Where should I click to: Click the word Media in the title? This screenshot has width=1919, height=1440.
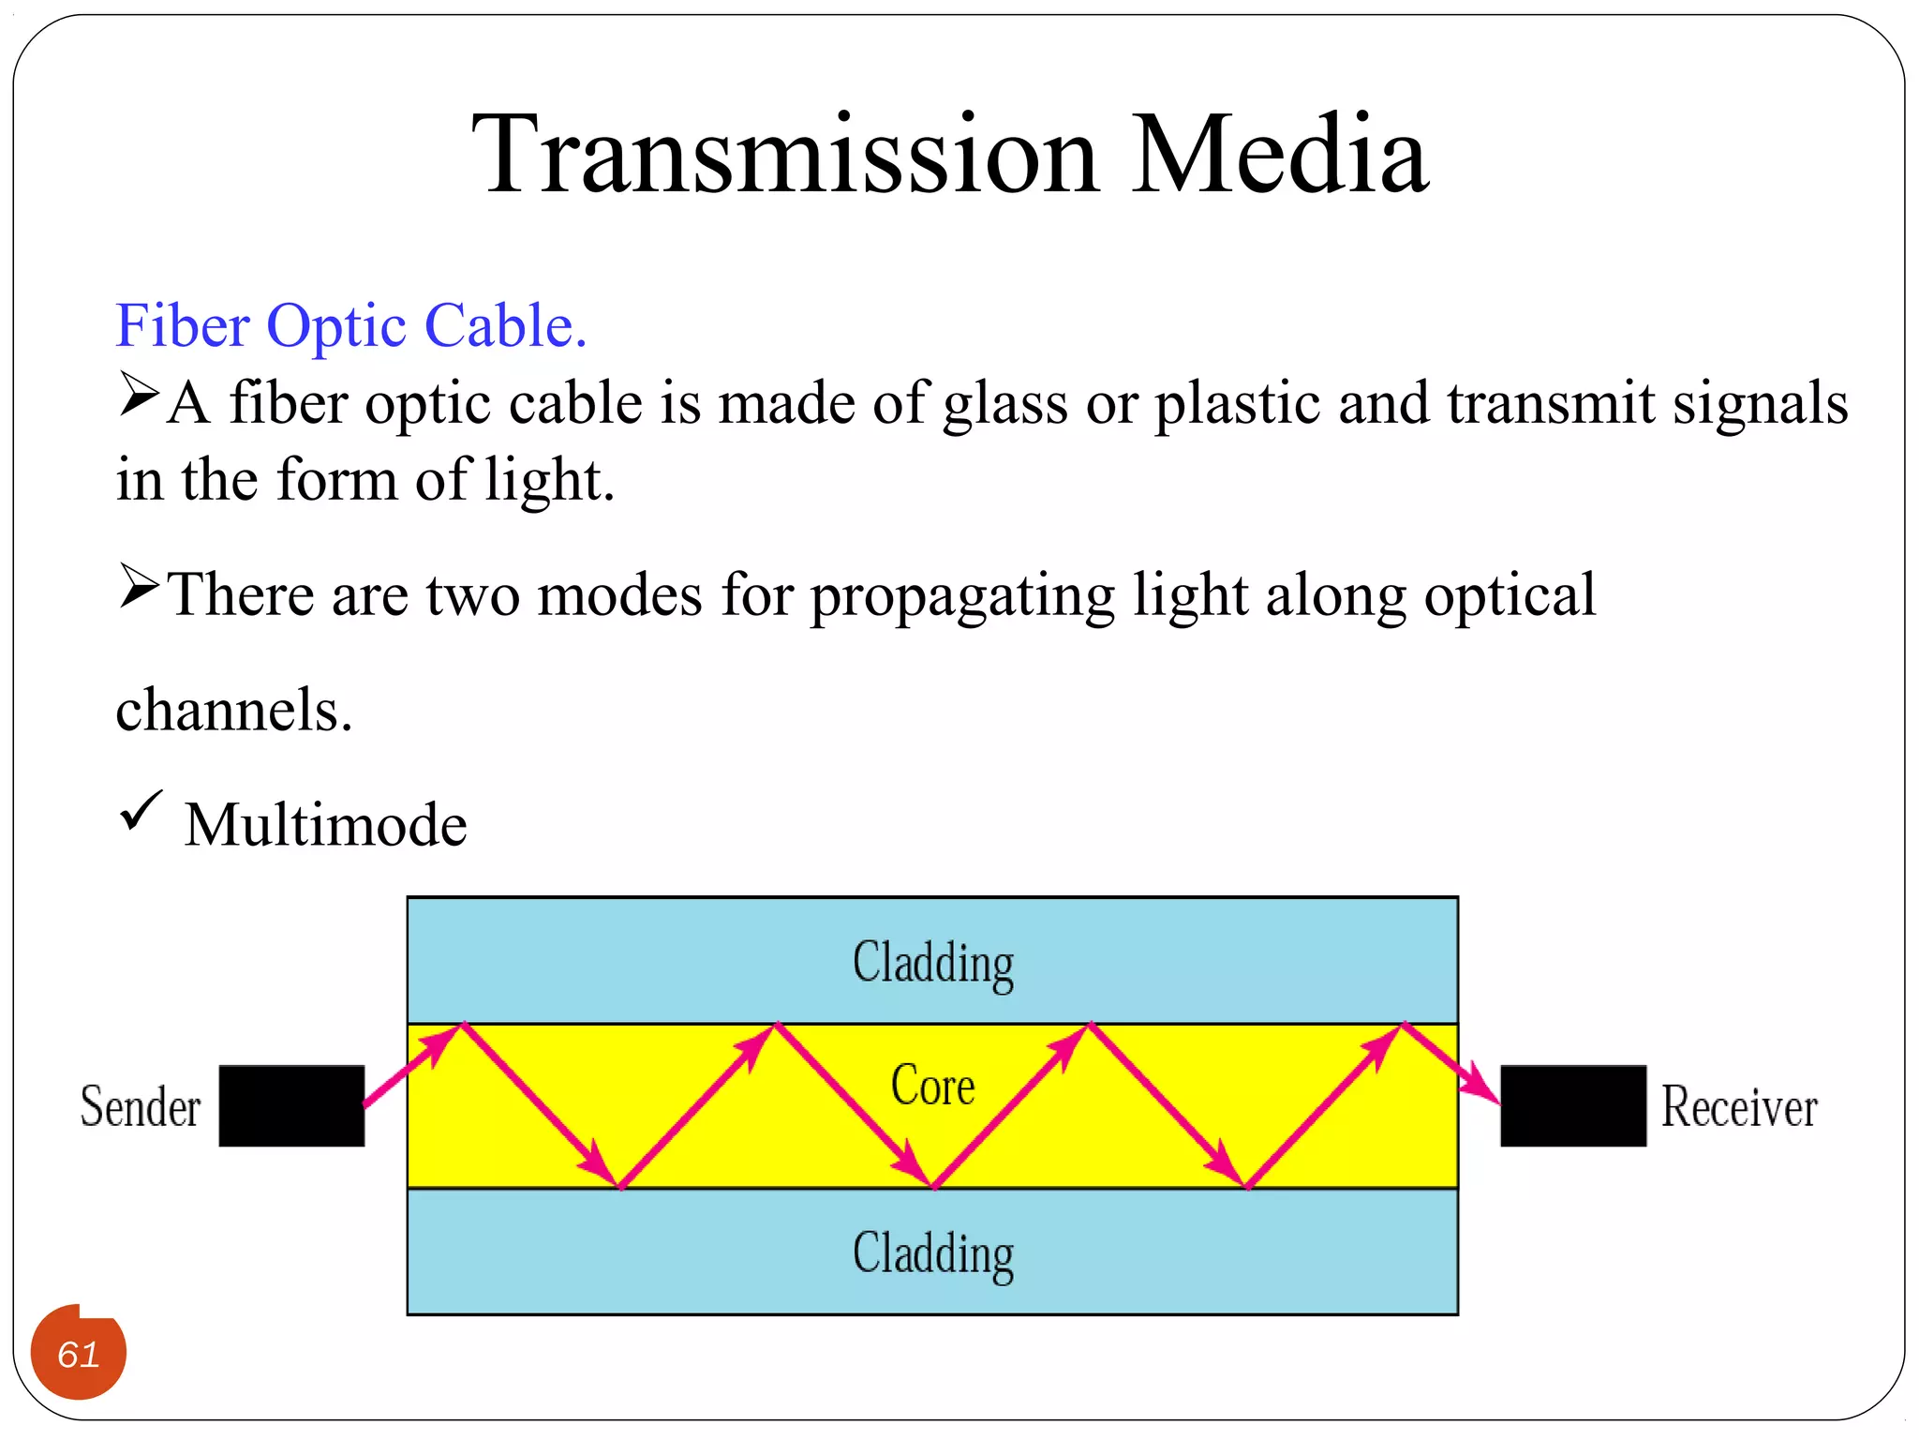(1280, 155)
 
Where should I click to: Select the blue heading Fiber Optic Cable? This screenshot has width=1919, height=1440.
(350, 326)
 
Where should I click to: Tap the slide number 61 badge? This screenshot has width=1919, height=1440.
(79, 1354)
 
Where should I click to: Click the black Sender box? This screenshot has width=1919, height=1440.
(291, 1105)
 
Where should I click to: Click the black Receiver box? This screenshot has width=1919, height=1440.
(1572, 1105)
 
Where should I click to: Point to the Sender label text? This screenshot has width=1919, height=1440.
(141, 1106)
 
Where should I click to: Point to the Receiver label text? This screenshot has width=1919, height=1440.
(1739, 1106)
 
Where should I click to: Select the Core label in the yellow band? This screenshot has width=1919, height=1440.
(932, 1086)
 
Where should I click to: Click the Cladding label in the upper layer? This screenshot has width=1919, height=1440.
(932, 963)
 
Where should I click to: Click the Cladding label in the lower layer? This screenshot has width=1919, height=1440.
(932, 1253)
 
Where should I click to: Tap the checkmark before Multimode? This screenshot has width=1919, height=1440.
(141, 811)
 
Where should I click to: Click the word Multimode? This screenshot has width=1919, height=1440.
(325, 825)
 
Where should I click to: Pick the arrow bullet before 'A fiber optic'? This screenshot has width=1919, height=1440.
(139, 395)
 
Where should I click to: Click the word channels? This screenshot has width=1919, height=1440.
(233, 710)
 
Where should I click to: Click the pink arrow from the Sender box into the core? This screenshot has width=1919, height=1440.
(408, 1069)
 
